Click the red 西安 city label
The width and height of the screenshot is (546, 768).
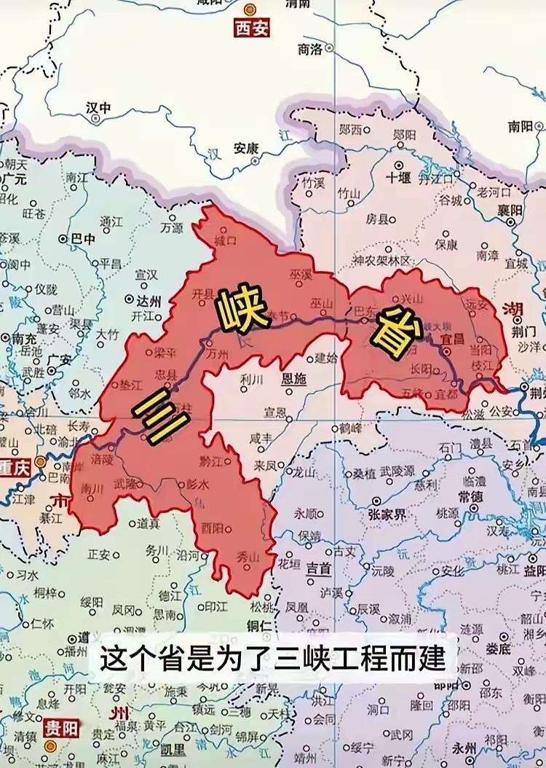[x=250, y=28]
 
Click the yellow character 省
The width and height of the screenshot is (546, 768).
[x=394, y=332]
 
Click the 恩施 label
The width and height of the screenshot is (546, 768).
[x=293, y=379]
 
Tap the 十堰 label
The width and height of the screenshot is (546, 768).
[x=399, y=176]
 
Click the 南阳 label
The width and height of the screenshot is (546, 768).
[x=521, y=126]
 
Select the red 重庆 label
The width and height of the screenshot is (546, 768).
[x=15, y=469]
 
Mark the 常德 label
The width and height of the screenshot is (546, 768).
[x=471, y=495]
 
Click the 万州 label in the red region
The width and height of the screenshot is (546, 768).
[x=217, y=355]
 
